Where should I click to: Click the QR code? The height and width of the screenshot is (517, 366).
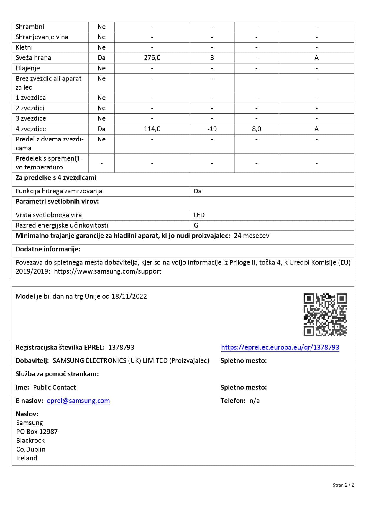325,315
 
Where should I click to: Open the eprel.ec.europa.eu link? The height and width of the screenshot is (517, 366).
280,347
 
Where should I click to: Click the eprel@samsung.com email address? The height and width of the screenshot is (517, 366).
78,401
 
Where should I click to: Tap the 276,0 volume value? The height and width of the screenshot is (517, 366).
152,58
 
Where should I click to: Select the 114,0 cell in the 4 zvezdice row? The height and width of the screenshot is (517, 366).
152,129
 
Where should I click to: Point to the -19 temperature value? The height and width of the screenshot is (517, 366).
212,129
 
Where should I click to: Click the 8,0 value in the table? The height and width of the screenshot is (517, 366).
256,129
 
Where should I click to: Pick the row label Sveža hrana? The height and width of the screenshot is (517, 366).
33,58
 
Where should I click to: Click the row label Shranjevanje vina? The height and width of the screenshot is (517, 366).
42,37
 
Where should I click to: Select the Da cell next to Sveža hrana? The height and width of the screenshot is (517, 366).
101,58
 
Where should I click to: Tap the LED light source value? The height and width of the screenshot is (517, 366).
199,215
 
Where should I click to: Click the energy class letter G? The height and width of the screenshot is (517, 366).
196,225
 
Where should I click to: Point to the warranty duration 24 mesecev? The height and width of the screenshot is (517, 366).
251,236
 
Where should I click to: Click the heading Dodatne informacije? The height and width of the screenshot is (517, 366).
48,249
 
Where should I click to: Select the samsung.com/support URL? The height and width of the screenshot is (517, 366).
108,271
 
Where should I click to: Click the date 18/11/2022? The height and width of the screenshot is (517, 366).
129,296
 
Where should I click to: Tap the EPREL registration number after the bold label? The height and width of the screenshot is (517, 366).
121,347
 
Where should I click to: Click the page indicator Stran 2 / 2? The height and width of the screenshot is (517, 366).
343,485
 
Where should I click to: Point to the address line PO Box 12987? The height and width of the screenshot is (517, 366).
37,432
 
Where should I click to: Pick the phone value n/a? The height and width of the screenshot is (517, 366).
255,401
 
